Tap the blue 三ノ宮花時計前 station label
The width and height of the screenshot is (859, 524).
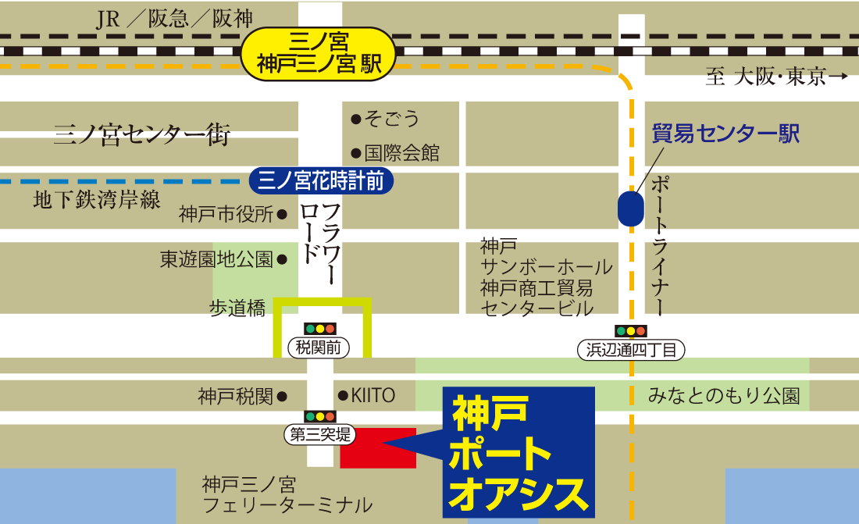[321, 181]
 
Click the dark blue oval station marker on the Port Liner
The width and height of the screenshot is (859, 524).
[631, 209]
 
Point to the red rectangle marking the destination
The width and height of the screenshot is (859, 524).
[378, 447]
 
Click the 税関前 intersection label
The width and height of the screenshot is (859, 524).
[320, 348]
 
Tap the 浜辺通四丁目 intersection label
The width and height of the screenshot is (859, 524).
[631, 350]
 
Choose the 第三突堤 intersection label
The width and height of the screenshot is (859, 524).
[321, 435]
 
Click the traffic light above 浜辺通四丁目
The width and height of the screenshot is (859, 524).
[631, 331]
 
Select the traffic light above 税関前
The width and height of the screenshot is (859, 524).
[320, 329]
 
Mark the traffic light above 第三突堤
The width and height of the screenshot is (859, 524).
[320, 417]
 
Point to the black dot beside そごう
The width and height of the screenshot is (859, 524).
[356, 119]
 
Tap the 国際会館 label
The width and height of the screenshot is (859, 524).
[401, 153]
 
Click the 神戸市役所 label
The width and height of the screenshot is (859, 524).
[226, 214]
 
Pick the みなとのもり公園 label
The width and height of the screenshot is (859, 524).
[724, 396]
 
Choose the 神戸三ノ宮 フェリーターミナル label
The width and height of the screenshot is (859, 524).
[287, 494]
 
